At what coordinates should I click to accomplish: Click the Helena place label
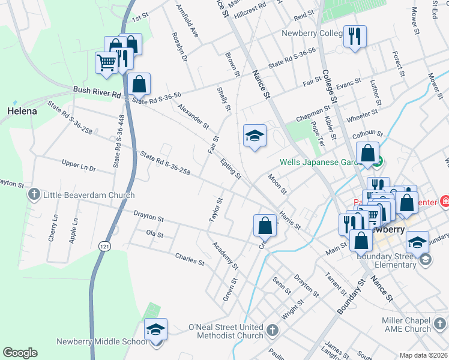coord(22,111)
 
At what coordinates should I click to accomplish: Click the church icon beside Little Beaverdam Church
coord(34,194)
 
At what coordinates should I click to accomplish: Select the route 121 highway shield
coord(106,247)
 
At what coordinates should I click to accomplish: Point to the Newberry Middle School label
coord(101,341)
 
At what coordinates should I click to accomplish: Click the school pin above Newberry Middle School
coord(155,329)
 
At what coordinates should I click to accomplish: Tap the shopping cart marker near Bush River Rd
coord(106,61)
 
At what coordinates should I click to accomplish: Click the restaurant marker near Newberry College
coord(354,36)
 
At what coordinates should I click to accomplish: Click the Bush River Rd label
coord(97,90)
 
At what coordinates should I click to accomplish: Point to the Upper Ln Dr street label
coord(79,166)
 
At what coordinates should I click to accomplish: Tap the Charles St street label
coord(190,259)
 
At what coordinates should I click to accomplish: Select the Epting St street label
coord(231,169)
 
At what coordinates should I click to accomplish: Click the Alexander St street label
coord(193,116)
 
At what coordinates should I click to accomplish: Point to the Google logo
coord(20,353)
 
